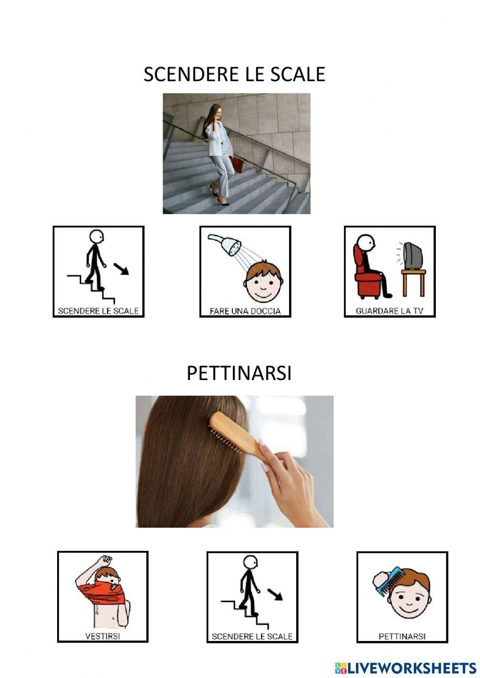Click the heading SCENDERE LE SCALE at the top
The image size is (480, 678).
(234, 74)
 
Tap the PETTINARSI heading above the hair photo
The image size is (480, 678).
(239, 373)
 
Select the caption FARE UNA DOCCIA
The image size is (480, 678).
(245, 311)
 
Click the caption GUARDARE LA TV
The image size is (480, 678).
(389, 311)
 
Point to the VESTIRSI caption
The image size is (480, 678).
(102, 636)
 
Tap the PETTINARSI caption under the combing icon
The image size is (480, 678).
(402, 636)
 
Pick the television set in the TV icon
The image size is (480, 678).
(413, 256)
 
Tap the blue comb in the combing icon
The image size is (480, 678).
(392, 578)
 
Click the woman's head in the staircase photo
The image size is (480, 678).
(215, 112)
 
